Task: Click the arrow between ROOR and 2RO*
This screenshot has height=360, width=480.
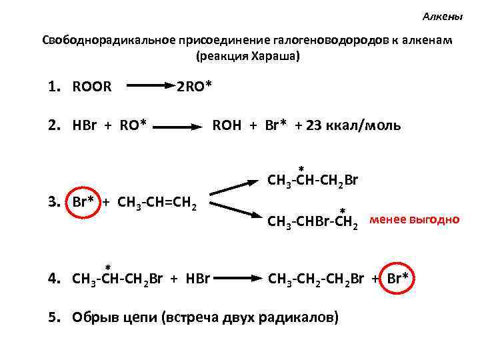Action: (x=150, y=86)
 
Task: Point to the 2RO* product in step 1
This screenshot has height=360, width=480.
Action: (x=194, y=86)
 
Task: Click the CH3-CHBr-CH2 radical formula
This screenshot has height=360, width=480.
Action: (x=313, y=222)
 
